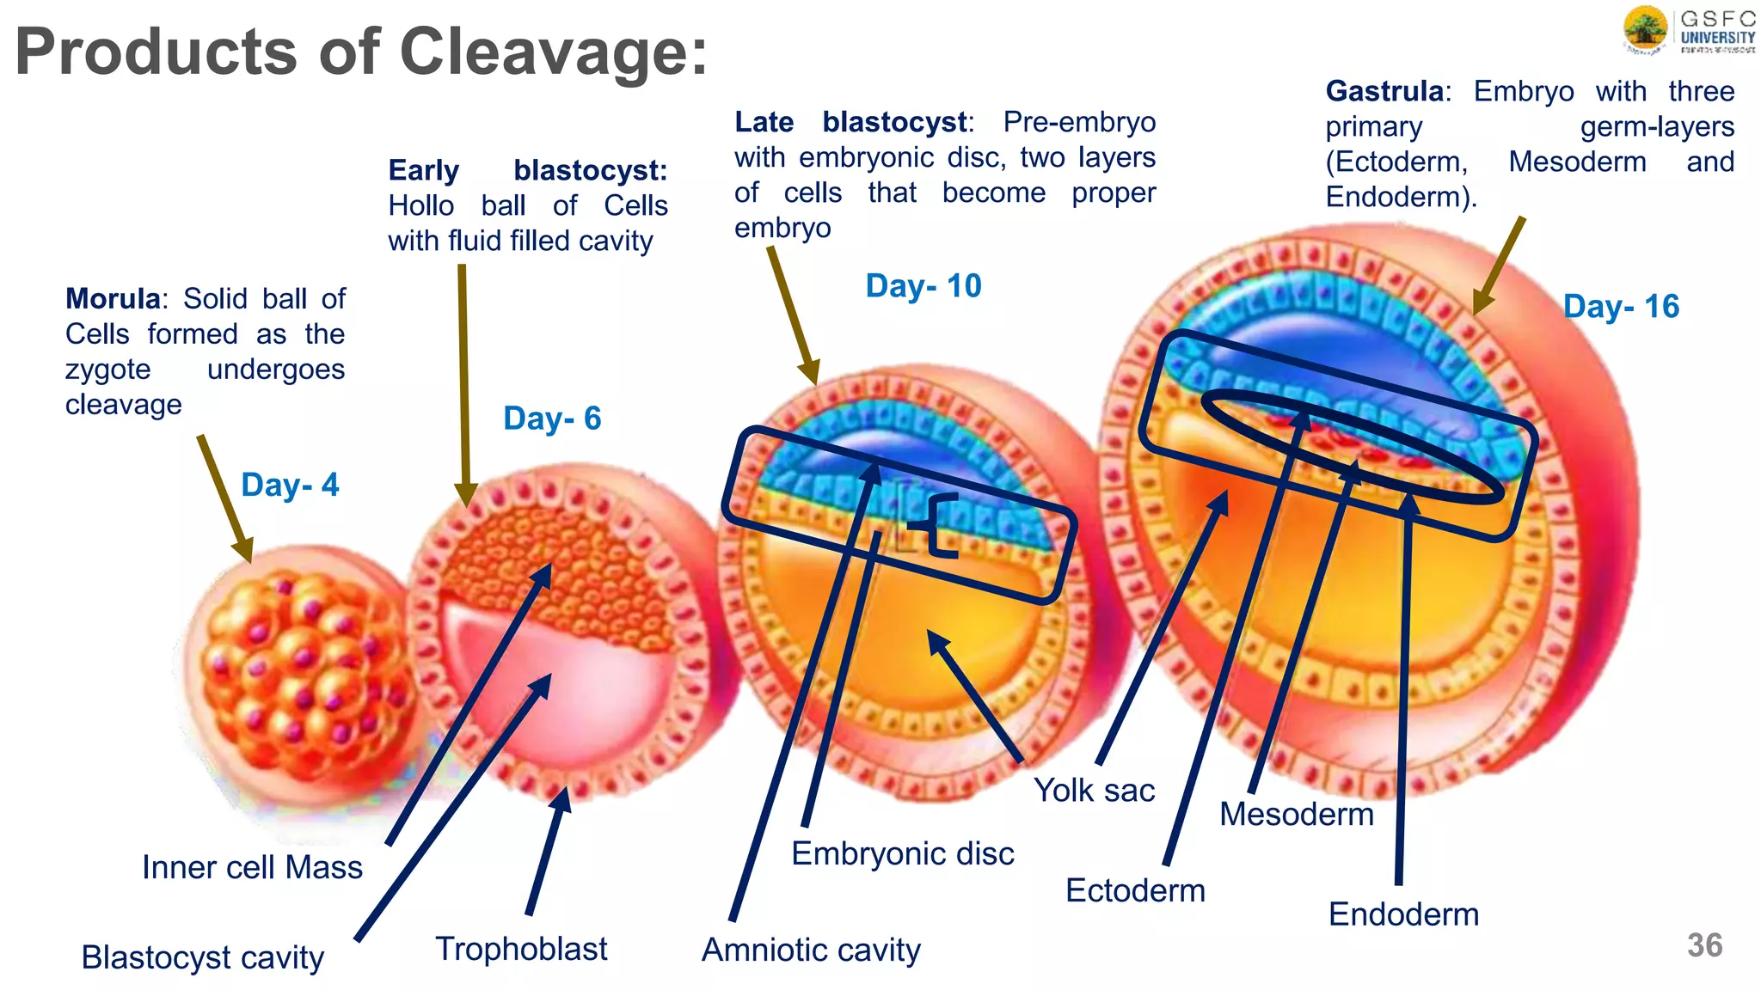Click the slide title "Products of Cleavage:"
pos(361,52)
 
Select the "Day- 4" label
pos(290,485)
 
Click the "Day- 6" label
pos(552,419)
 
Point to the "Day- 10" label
pos(923,286)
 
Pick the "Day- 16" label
pos(1621,307)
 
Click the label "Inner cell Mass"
pos(252,867)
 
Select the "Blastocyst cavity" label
pos(203,957)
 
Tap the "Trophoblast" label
pos(521,949)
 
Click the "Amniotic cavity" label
pos(811,950)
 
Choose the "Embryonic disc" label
pos(902,853)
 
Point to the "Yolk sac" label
pos(1094,790)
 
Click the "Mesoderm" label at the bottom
pos(1297,814)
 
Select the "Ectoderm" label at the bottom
pos(1135,890)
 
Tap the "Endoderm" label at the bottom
pos(1403,914)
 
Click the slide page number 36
pos(1704,945)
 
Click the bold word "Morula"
pos(113,299)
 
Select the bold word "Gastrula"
pos(1384,91)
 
